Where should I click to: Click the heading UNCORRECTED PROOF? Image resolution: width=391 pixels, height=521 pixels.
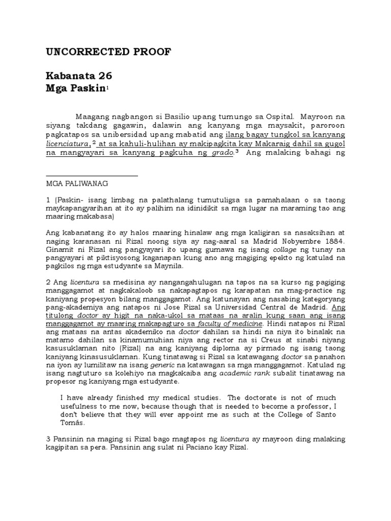pos(108,52)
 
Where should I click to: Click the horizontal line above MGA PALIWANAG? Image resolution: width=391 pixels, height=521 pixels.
pos(92,176)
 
